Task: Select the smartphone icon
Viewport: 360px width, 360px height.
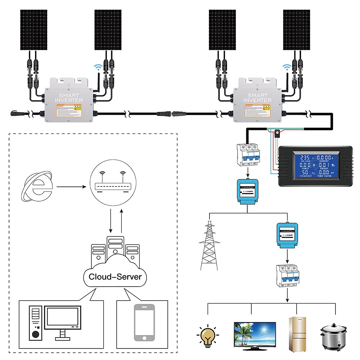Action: (144, 322)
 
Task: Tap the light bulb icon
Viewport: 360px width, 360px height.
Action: (207, 335)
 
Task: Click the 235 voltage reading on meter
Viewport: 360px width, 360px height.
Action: (304, 157)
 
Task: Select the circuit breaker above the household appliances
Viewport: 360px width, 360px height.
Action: (287, 276)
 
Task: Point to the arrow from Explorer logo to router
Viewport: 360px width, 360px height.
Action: (71, 187)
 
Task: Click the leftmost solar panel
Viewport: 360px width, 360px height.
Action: (33, 30)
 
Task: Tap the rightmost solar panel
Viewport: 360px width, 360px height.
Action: (296, 30)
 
